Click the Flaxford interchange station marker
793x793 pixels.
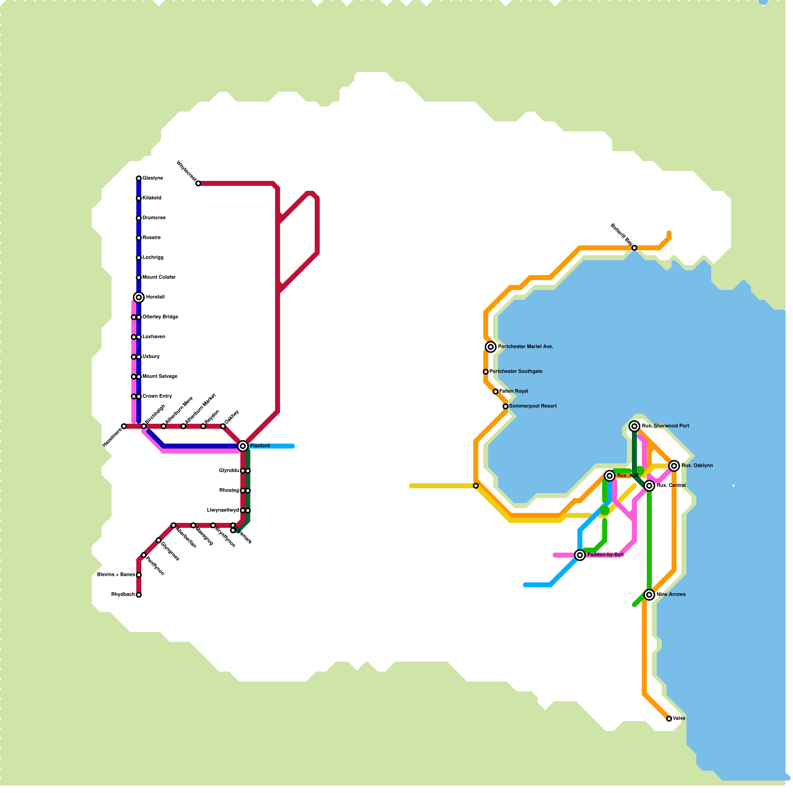tap(243, 446)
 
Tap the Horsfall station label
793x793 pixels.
tap(155, 297)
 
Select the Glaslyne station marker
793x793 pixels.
tap(139, 178)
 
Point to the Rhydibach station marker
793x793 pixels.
tap(139, 595)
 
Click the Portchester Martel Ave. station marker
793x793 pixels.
tap(491, 347)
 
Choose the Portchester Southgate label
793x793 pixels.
tap(516, 372)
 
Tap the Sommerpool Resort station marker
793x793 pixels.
tap(506, 406)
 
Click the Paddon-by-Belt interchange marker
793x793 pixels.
tap(580, 555)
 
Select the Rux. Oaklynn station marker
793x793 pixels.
tap(674, 466)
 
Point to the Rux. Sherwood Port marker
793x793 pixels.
tap(634, 426)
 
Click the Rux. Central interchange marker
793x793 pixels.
tap(649, 486)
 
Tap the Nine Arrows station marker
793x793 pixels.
tap(649, 595)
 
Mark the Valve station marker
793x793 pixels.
tap(669, 719)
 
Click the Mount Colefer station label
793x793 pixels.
tap(159, 278)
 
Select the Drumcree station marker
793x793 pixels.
tap(139, 218)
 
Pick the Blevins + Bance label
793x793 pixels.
tap(116, 575)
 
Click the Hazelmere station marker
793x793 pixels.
tap(124, 426)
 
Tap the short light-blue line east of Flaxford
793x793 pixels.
tap(273, 446)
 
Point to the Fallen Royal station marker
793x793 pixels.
tap(496, 392)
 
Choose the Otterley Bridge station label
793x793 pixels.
tap(160, 317)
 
